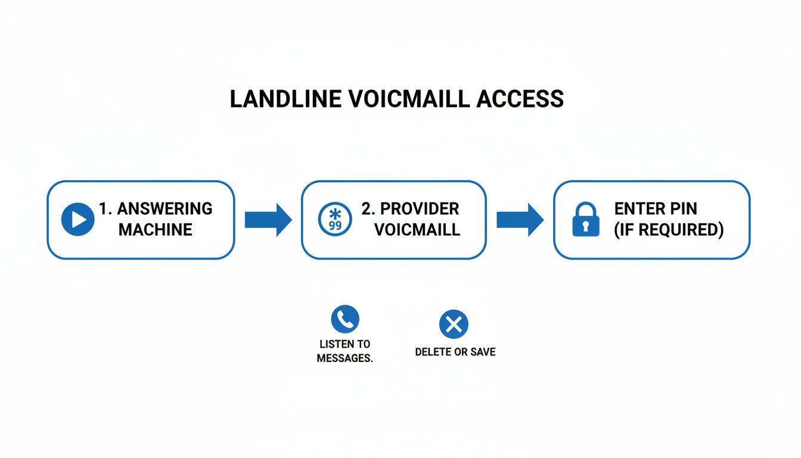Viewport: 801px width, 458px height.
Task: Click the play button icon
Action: coord(77,219)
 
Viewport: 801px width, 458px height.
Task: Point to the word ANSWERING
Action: coord(164,209)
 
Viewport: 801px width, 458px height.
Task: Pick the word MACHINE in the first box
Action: coord(156,230)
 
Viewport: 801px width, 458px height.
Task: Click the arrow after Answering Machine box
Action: coord(268,220)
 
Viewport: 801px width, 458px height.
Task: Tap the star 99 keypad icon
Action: coord(335,219)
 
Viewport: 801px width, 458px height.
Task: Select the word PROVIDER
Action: coord(419,209)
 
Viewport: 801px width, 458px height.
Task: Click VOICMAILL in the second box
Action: coord(417,230)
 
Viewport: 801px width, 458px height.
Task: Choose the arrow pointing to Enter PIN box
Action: coord(520,220)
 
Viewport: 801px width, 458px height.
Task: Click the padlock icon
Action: coord(585,219)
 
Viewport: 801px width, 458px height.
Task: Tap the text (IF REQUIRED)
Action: coord(669,230)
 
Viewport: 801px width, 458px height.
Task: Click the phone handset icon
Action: coord(345,320)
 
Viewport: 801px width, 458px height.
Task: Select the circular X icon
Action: coord(454,324)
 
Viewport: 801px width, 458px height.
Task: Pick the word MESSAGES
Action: coord(344,358)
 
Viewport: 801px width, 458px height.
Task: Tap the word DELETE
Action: coord(433,352)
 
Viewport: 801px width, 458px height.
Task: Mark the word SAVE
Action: coord(483,352)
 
